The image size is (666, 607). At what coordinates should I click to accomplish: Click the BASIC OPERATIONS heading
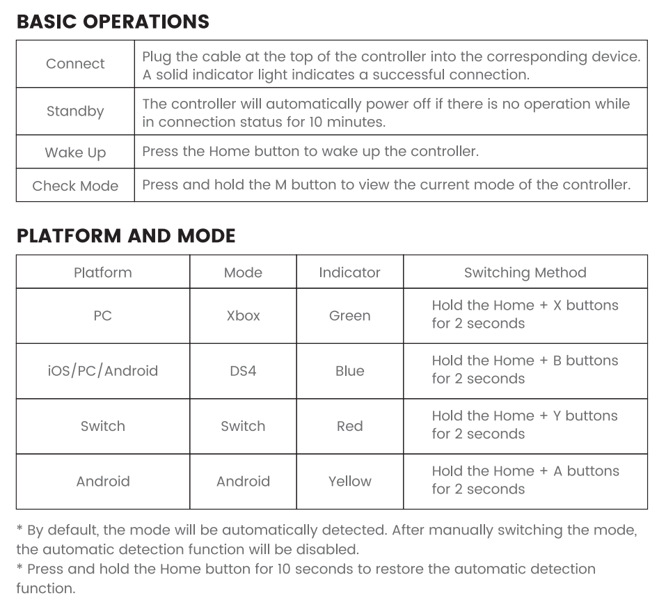(113, 22)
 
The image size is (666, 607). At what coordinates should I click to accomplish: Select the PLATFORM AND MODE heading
(126, 236)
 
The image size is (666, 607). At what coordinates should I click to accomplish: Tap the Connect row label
(75, 64)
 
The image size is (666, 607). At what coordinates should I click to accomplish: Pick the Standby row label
(75, 111)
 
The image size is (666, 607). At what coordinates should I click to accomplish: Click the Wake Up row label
(75, 152)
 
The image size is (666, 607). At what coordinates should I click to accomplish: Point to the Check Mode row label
(75, 186)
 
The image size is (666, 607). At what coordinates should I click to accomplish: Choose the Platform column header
(103, 272)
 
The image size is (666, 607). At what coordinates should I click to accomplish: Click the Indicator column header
(349, 272)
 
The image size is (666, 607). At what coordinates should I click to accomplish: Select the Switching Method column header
(525, 272)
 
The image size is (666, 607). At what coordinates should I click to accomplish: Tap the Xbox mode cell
(243, 315)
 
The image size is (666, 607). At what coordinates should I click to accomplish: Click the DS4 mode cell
(243, 371)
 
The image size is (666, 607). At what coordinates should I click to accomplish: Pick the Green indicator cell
(349, 315)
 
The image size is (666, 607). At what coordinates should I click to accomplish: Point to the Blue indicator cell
(349, 371)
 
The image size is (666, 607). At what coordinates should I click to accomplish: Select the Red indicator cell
(349, 426)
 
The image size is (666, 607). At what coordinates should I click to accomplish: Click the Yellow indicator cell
(349, 481)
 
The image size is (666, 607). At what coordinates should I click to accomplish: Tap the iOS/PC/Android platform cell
(103, 371)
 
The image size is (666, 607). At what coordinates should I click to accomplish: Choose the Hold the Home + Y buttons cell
(525, 425)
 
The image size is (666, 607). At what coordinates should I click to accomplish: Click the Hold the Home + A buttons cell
(525, 480)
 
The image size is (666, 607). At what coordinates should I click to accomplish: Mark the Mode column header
(243, 272)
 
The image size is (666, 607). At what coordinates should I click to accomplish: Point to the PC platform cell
(103, 315)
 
